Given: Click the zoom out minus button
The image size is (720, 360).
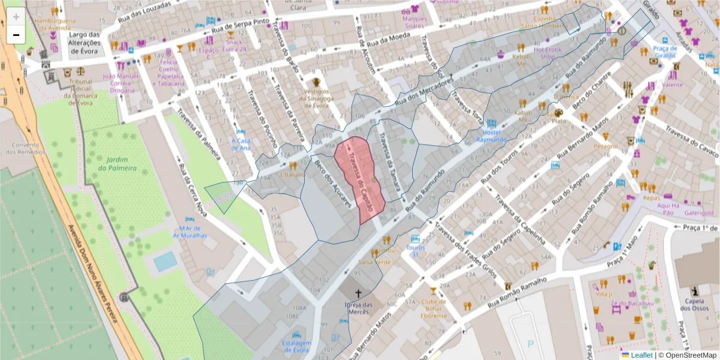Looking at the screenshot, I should coord(16,35).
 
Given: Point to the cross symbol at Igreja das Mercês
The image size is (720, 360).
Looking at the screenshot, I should coord(359,293).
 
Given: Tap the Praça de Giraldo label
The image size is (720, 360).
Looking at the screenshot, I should coord(665,52).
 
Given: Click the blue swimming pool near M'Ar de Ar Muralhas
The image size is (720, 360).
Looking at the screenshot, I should coord(165,261).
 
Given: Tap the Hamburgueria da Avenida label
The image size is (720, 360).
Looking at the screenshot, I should coord(55,24).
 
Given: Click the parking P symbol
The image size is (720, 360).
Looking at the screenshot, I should coord(530,344).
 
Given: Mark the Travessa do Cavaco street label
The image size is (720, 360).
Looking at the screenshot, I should coord(690,139).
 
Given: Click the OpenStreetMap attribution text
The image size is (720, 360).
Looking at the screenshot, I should coord(687,355).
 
